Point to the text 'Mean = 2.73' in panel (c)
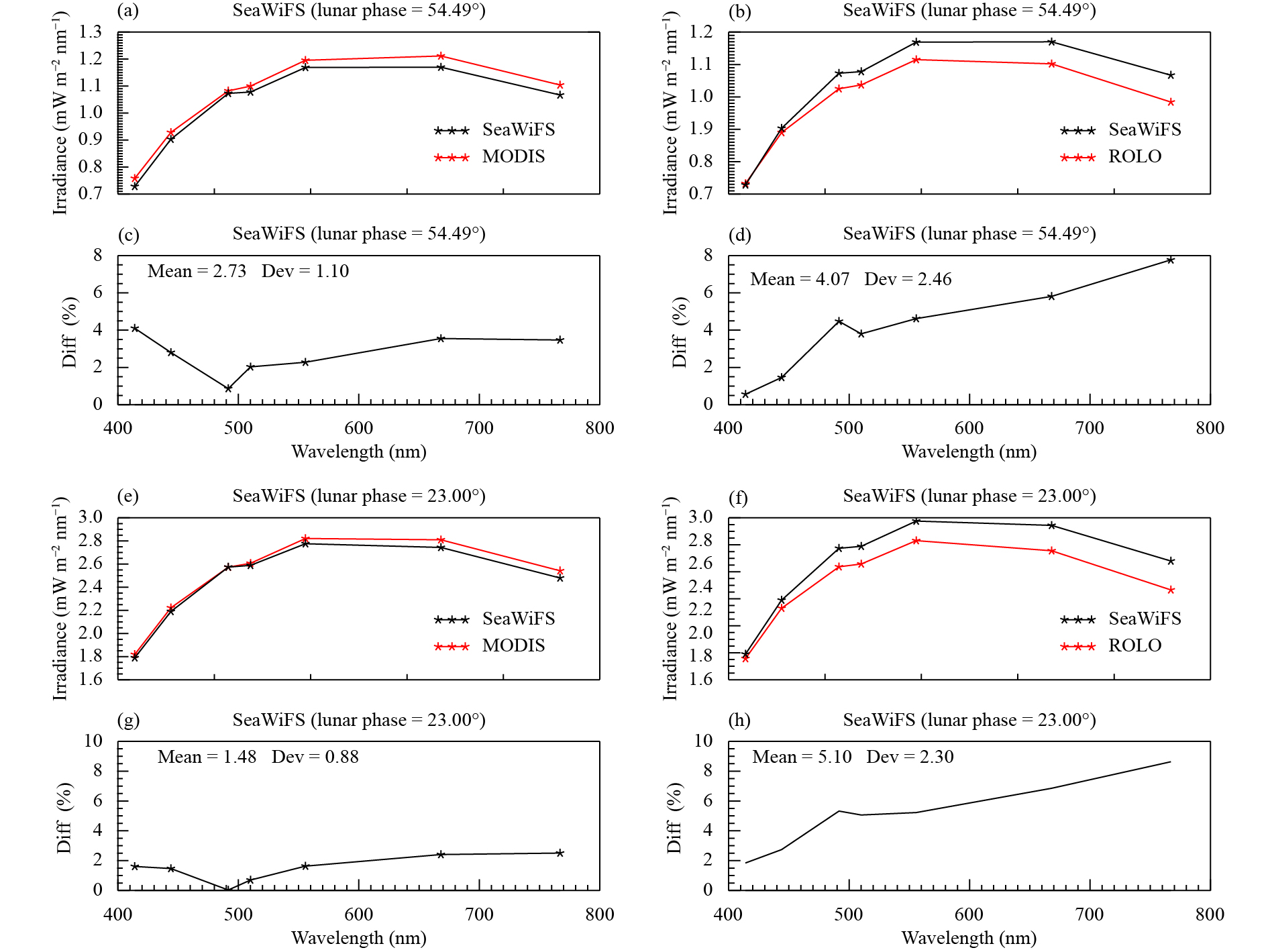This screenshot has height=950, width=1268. [x=197, y=271]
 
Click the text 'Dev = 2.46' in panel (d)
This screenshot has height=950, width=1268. [x=908, y=279]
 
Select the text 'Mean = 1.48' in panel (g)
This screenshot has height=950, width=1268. [x=207, y=757]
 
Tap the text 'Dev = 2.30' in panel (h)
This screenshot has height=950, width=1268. [x=910, y=757]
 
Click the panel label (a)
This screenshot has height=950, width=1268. [x=128, y=11]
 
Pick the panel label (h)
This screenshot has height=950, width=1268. [x=739, y=721]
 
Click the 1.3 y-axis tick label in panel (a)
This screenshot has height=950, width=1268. [x=91, y=32]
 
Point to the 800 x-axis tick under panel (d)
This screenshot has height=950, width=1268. [x=1210, y=428]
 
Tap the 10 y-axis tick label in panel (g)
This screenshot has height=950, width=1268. [x=93, y=741]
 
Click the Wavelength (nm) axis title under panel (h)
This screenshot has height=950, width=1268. [x=969, y=938]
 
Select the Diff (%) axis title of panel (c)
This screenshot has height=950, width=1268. [x=69, y=332]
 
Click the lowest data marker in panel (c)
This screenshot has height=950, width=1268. [x=228, y=388]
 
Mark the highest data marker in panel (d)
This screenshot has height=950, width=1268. [x=1171, y=260]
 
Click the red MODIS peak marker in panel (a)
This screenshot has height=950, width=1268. [x=441, y=56]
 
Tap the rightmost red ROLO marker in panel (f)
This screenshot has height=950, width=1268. [x=1171, y=590]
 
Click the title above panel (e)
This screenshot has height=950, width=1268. [x=359, y=496]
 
